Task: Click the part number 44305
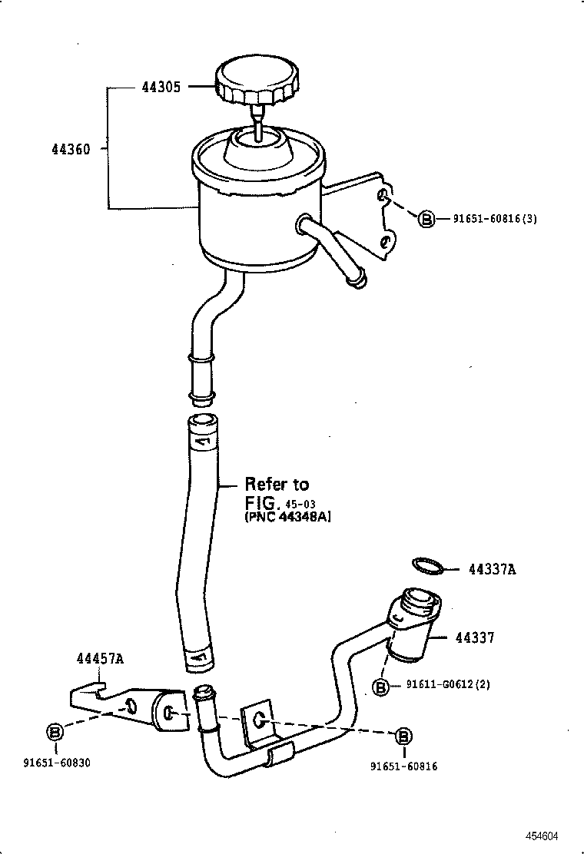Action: (161, 88)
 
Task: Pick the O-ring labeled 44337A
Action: (428, 567)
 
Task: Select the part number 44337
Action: (474, 637)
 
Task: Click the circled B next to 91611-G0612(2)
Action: (380, 687)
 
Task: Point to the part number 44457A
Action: (101, 658)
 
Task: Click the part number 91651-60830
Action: (57, 763)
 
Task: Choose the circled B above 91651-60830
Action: (56, 732)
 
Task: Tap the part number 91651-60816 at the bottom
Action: (403, 766)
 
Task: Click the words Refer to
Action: (277, 484)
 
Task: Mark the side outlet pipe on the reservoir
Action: (332, 254)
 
